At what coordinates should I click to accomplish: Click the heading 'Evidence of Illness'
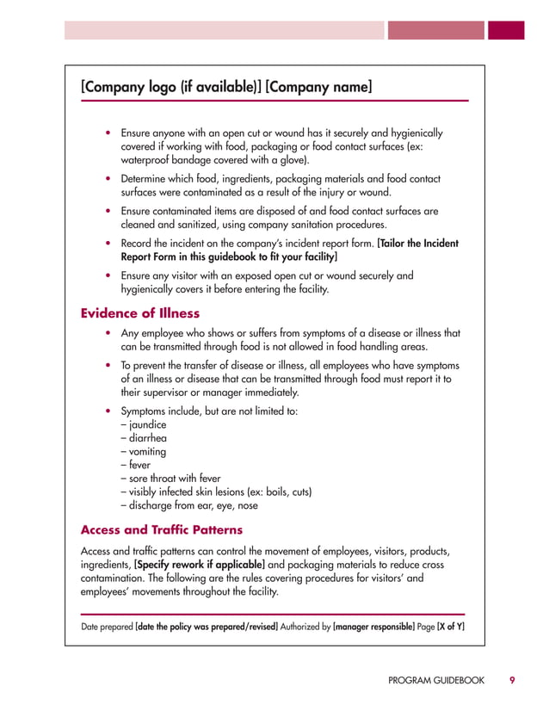[139, 312]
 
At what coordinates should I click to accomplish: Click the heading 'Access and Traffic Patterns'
[161, 529]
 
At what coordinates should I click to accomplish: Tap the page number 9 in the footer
[512, 680]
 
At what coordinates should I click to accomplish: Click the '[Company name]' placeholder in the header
[319, 86]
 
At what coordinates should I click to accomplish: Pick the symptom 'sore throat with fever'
[170, 479]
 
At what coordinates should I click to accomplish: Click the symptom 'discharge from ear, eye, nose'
[188, 505]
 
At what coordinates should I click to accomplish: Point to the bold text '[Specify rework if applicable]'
[194, 564]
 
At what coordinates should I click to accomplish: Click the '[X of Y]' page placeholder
[451, 627]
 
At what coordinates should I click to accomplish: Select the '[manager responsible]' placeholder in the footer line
[373, 627]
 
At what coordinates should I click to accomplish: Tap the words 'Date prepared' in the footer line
[108, 627]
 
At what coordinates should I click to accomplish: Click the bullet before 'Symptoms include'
[107, 411]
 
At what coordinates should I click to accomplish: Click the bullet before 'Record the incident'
[107, 244]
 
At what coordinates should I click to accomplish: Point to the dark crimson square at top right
[506, 30]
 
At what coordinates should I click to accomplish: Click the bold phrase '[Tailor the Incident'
[418, 244]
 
